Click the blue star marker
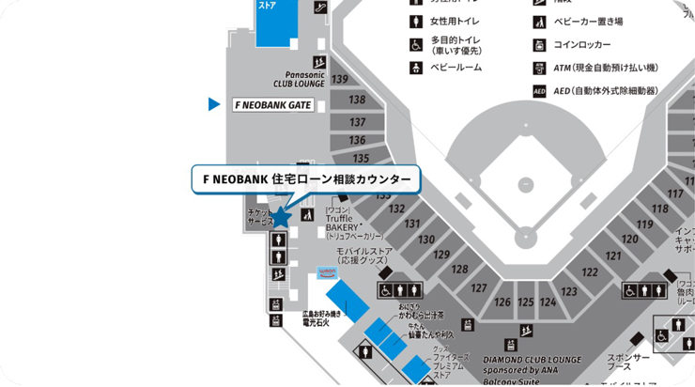point(282,217)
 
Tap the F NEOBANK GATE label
point(271,105)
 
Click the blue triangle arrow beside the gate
point(214,104)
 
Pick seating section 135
point(361,159)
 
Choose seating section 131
point(411,224)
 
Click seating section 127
point(479,288)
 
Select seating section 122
point(589,272)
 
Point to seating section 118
point(660,209)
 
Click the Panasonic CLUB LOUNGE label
point(300,79)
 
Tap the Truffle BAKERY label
point(342,223)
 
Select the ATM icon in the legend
point(540,68)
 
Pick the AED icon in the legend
point(540,91)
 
